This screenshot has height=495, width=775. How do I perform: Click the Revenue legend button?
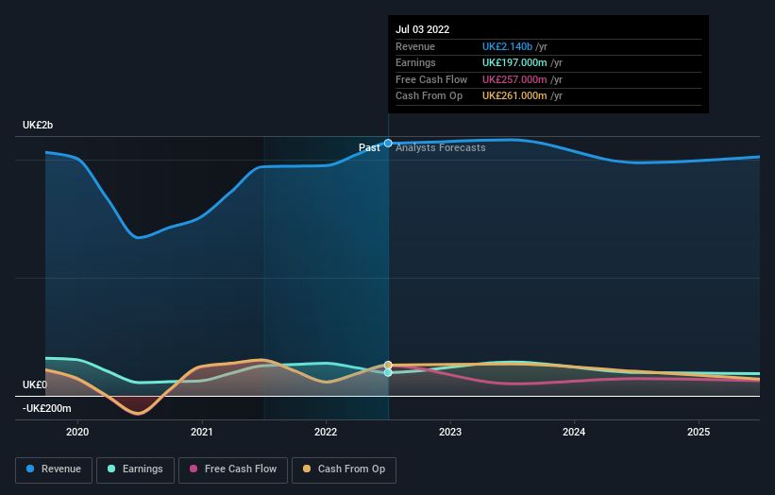tap(54, 469)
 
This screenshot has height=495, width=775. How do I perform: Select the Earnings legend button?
tap(135, 469)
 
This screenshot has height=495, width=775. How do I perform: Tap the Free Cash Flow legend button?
tap(233, 469)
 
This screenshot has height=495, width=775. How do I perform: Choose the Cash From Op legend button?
tap(344, 469)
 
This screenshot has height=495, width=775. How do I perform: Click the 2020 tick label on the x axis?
tap(77, 432)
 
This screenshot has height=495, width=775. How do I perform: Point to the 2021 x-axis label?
tap(201, 432)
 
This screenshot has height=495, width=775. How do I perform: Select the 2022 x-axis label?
tap(326, 432)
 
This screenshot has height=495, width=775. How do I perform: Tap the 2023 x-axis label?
tap(450, 432)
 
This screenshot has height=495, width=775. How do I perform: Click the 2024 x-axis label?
tap(574, 432)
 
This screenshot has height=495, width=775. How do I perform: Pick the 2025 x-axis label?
tap(699, 432)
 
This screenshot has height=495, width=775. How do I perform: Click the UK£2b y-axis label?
tap(39, 126)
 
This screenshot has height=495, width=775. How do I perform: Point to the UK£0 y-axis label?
tap(35, 385)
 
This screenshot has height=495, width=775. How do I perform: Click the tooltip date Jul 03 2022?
tap(423, 29)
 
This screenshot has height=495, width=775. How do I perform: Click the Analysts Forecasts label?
tap(441, 147)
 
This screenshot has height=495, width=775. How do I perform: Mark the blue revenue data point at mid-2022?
tap(388, 143)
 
